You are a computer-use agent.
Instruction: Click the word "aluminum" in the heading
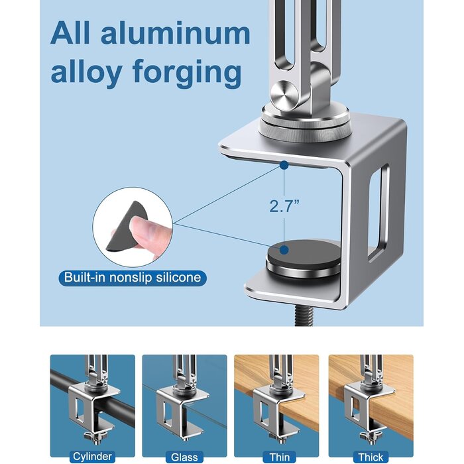[176, 33]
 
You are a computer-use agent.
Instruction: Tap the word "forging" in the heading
[187, 72]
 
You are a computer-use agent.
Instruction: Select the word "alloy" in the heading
[86, 72]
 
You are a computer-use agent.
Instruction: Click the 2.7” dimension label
[284, 206]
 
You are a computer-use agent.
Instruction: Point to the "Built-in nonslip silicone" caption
[133, 278]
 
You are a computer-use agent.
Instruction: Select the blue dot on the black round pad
[284, 250]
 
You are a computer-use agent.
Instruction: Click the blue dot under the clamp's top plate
[284, 165]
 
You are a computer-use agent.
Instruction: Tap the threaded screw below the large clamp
[304, 316]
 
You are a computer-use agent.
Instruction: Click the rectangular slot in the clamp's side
[378, 212]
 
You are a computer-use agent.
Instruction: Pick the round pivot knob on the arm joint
[284, 94]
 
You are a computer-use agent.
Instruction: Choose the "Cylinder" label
[92, 456]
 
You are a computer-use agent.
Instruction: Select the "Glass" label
[184, 457]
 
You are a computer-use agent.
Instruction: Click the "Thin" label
[280, 457]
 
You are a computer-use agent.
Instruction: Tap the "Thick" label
[371, 457]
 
